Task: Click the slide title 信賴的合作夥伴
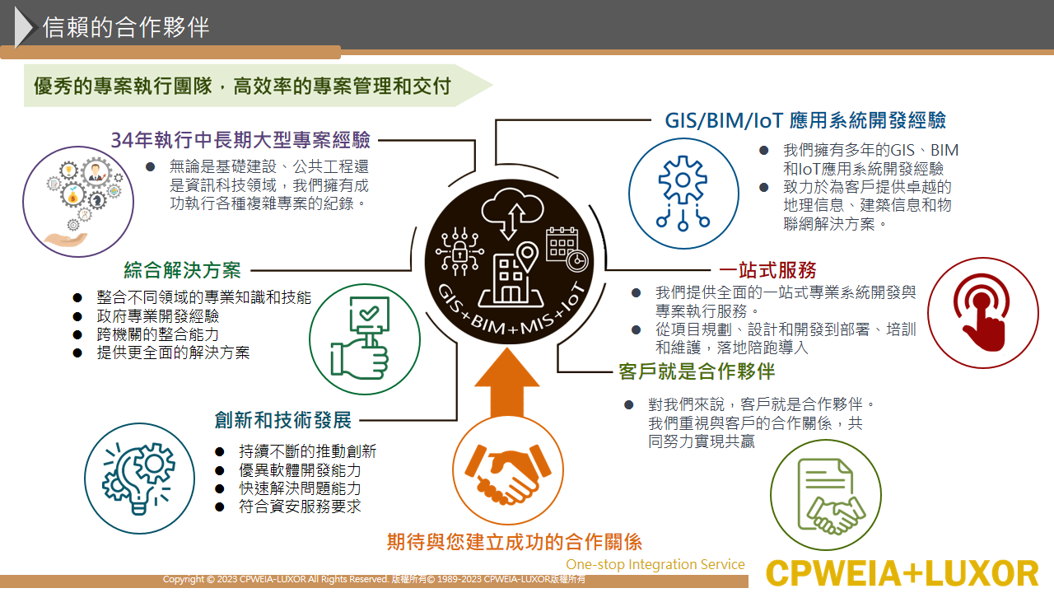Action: (x=126, y=27)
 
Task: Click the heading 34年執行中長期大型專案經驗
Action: (x=240, y=140)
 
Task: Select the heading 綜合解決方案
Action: (x=182, y=270)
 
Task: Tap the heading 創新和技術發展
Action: (x=282, y=420)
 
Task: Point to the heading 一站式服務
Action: (x=767, y=270)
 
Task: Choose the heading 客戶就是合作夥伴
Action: (x=697, y=371)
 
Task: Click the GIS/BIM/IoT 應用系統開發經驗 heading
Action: (x=805, y=120)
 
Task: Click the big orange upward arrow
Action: (x=506, y=382)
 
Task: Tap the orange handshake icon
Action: (x=508, y=473)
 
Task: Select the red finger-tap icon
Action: (x=982, y=312)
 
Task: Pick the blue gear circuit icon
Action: (x=683, y=194)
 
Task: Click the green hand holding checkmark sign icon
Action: (x=361, y=338)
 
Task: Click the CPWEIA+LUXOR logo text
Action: (x=902, y=573)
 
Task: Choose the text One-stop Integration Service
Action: (x=655, y=564)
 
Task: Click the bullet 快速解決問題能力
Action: (x=300, y=488)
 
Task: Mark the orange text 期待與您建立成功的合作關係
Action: (x=515, y=542)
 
